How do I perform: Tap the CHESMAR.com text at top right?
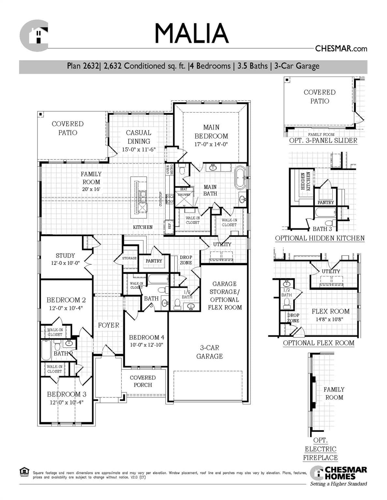click(x=341, y=49)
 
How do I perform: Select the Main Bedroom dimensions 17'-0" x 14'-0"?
click(x=211, y=144)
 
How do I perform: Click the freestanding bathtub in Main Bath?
click(x=240, y=178)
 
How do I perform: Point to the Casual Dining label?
click(x=139, y=137)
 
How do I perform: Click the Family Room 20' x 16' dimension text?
click(x=91, y=189)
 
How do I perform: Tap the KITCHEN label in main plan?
click(x=142, y=227)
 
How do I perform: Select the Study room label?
click(x=65, y=256)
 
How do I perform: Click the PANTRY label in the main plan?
click(x=154, y=261)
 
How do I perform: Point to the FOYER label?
click(x=109, y=325)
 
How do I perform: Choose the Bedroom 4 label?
click(x=146, y=337)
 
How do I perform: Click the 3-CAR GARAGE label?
click(x=209, y=352)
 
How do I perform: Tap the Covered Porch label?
click(x=142, y=381)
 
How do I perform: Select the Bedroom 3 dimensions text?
click(x=67, y=402)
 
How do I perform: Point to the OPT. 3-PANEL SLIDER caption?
click(x=323, y=141)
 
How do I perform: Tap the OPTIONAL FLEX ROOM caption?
click(x=319, y=343)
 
